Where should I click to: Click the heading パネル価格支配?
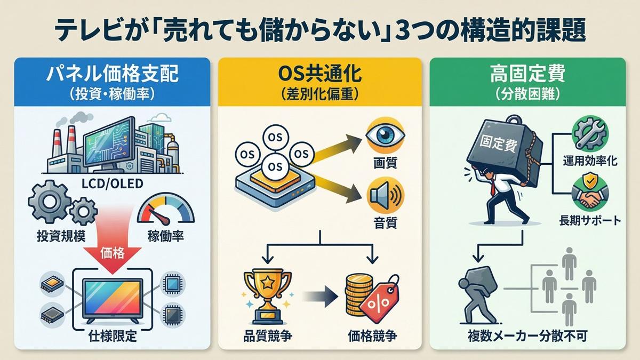[x=112, y=74]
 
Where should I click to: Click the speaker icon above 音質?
[x=385, y=195]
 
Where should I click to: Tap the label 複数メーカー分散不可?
[x=527, y=337]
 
